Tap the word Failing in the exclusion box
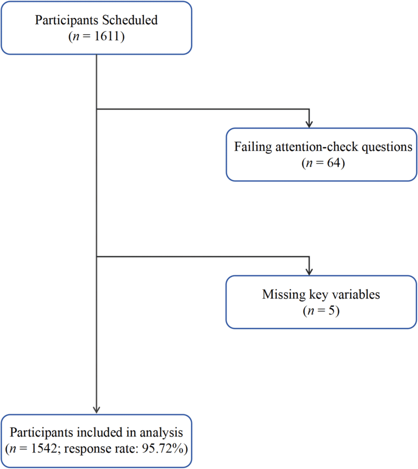(x=250, y=147)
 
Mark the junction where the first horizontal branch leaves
(x=97, y=109)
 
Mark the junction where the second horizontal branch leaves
(x=97, y=257)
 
